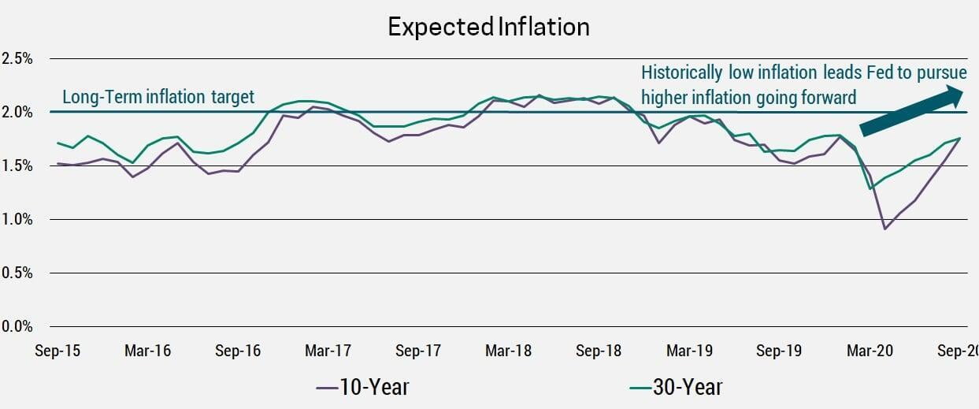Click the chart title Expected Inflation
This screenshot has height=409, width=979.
[488, 27]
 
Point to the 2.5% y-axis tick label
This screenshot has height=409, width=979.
[17, 58]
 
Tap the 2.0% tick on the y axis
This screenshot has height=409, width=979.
[17, 112]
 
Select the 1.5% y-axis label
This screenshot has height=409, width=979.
[17, 165]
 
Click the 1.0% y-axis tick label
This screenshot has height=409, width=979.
[17, 219]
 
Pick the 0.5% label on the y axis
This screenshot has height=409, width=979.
[17, 273]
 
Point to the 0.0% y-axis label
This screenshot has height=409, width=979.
[17, 326]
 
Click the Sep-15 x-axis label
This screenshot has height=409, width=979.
[57, 351]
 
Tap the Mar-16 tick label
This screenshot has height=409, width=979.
[147, 351]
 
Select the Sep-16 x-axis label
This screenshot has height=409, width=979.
[238, 351]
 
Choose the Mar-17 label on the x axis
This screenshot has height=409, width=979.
[328, 351]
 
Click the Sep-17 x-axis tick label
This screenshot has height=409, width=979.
[418, 351]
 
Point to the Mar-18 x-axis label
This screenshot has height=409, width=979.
[509, 351]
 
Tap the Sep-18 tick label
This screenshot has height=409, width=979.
[599, 351]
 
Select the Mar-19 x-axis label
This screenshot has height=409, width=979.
[690, 351]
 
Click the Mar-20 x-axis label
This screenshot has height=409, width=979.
[870, 351]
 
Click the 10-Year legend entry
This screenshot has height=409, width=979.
[362, 387]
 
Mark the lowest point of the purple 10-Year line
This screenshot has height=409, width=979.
[885, 229]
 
